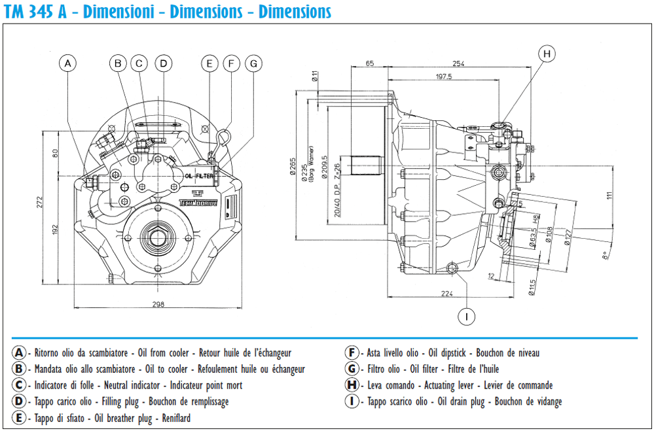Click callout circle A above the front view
pos(67,63)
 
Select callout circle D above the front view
pos(164,63)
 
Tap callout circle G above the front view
pos(253,63)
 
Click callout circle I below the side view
pos(466,317)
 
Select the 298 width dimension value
pos(158,303)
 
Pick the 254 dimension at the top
pos(458,63)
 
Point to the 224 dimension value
pos(447,294)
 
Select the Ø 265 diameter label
pos(293,168)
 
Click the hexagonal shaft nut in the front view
pos(158,236)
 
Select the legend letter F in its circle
pos(352,353)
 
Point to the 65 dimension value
pos(370,63)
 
